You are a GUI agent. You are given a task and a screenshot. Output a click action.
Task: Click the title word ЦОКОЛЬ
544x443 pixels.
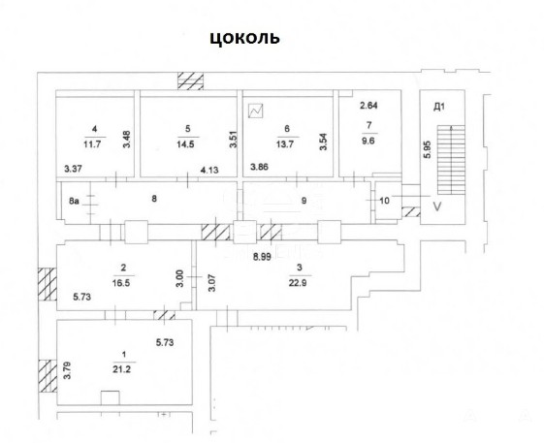point(244,38)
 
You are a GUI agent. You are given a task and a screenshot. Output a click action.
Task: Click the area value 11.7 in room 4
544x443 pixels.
point(92,144)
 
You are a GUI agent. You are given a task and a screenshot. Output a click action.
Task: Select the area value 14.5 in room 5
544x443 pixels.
point(185,144)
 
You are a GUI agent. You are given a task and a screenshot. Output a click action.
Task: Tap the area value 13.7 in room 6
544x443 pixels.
point(285,144)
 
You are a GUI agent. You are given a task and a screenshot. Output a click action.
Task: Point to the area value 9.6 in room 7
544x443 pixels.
point(368,141)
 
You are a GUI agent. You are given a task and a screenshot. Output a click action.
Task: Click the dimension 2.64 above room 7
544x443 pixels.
point(368,106)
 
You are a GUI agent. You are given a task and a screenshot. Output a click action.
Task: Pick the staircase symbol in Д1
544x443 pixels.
point(451,160)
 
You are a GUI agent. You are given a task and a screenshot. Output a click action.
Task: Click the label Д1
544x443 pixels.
point(439,107)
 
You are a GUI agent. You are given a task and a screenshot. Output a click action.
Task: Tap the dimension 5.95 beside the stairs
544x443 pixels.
point(427,149)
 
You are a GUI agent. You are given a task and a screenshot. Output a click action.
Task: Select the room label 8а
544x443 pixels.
point(74,201)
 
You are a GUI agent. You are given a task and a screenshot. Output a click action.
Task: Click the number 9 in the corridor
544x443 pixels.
point(304,200)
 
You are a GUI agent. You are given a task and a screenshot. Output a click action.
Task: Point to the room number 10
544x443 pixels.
point(385,201)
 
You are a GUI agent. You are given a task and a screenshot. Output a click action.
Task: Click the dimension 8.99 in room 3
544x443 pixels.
point(262,257)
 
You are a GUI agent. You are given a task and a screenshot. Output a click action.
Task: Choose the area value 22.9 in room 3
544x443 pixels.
point(298,283)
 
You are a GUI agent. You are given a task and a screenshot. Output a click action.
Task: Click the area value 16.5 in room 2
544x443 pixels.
point(121,283)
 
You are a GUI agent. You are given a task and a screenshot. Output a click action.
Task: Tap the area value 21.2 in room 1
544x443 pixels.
point(122,369)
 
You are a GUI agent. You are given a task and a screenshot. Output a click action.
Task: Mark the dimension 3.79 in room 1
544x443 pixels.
point(67,370)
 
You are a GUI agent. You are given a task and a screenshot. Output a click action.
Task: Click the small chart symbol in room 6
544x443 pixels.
point(256,111)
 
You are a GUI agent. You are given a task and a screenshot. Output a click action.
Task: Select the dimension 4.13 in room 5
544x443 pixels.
point(209,170)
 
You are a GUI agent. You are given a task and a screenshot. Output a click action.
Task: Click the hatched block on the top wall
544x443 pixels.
point(190,80)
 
